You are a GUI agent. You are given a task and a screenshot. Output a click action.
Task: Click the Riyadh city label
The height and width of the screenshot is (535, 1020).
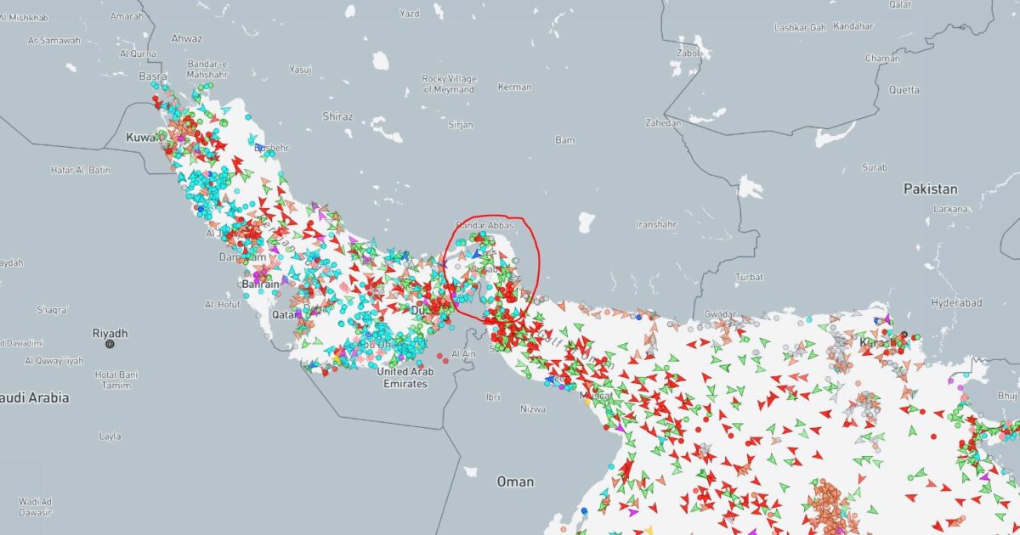(x=110, y=333)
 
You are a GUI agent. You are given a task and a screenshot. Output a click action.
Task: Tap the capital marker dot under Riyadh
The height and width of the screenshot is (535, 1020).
(x=110, y=345)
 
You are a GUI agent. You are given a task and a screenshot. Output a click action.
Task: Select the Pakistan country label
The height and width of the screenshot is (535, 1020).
(x=930, y=189)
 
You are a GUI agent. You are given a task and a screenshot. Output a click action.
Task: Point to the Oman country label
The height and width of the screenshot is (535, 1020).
(x=515, y=481)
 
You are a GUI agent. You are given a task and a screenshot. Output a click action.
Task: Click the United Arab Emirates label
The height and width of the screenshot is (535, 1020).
(x=405, y=377)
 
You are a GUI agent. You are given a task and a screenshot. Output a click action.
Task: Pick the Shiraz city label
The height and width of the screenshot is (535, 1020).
(x=337, y=115)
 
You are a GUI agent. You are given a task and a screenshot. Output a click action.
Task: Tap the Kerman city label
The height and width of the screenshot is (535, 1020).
(x=514, y=87)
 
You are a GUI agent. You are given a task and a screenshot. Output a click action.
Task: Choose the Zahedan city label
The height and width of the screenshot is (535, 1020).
(x=664, y=123)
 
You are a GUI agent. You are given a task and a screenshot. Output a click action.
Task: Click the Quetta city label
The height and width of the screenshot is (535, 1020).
(x=904, y=89)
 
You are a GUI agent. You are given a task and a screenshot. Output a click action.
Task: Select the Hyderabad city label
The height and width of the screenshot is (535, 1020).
(x=956, y=302)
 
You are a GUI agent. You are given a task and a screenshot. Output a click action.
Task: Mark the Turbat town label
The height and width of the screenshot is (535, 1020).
(x=749, y=277)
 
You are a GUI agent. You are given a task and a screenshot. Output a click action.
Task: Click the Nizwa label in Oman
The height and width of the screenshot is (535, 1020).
(x=532, y=408)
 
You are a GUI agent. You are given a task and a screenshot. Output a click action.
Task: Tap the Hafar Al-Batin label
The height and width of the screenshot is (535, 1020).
(x=81, y=170)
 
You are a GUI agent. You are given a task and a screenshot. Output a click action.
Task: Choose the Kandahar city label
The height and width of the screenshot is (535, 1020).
(x=853, y=26)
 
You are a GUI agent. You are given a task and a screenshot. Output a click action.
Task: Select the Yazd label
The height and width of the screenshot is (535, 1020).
(x=409, y=14)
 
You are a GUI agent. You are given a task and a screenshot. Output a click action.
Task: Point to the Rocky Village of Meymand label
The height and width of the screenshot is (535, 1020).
(x=448, y=84)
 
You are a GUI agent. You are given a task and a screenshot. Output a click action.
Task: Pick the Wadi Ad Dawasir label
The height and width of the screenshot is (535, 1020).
(x=36, y=506)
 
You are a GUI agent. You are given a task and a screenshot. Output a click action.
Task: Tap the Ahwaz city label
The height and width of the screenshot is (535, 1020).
(x=187, y=38)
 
